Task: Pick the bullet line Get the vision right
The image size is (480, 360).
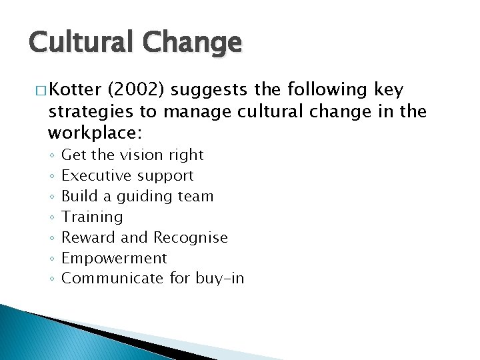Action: [x=132, y=155]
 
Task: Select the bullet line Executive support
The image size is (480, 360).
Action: [x=127, y=175]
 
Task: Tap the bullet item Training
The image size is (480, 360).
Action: [x=92, y=217]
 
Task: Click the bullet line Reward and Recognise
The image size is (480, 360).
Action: [x=144, y=237]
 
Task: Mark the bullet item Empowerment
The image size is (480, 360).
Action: [x=113, y=258]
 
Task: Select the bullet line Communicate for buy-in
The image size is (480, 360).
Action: [x=152, y=279]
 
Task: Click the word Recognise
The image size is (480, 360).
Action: [x=190, y=237]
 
